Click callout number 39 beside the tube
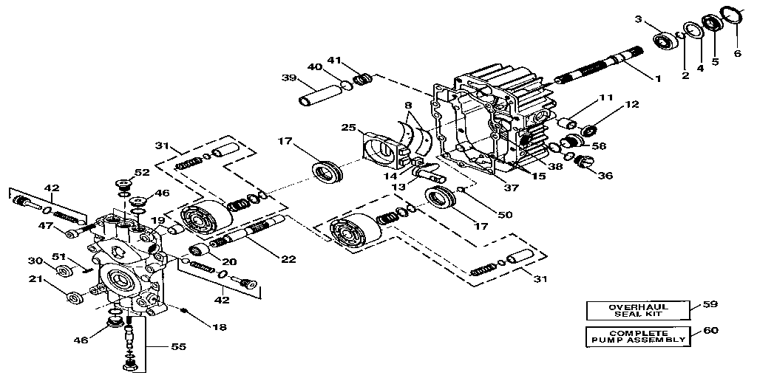click(x=288, y=78)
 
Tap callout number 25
click(x=349, y=128)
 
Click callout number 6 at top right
click(x=737, y=53)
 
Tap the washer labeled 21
click(x=74, y=298)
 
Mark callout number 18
click(x=220, y=326)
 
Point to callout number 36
click(x=606, y=176)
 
